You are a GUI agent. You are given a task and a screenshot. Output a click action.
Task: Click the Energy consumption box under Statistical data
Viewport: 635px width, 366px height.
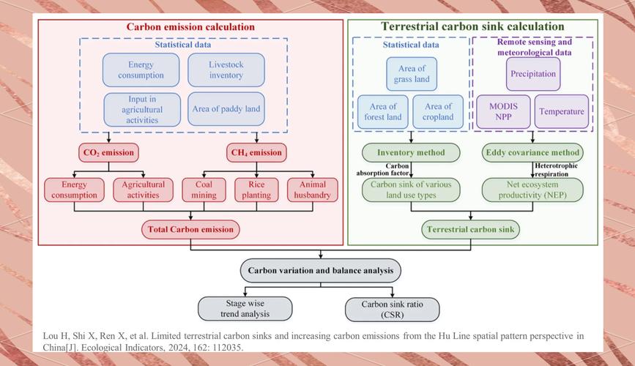(x=141, y=70)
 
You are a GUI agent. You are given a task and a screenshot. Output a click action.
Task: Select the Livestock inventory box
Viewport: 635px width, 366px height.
(x=226, y=70)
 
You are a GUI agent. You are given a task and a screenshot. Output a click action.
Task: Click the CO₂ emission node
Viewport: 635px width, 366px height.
(x=108, y=153)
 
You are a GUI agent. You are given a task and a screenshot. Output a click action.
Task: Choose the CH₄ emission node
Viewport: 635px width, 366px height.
(x=255, y=153)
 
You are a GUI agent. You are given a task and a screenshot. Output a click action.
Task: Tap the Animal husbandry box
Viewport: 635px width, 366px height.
(x=313, y=190)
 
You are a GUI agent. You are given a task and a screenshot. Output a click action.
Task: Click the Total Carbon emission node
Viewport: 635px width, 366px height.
(x=190, y=229)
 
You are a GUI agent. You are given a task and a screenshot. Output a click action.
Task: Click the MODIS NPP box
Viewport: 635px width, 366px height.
(x=502, y=111)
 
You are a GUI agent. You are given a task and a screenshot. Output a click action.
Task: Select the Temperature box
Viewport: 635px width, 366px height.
(x=561, y=111)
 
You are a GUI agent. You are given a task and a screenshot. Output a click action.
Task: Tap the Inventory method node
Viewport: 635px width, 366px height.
(x=410, y=153)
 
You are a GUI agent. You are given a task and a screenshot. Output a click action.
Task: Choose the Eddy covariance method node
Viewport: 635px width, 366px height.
(x=532, y=153)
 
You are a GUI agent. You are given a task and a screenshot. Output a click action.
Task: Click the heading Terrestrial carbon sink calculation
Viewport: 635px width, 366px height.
(x=472, y=27)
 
